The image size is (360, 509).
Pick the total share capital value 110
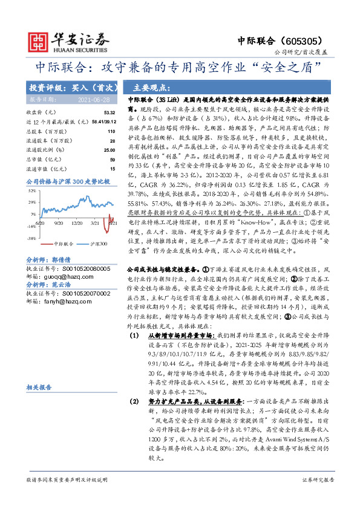(111, 131)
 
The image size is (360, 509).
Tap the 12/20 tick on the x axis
(76, 224)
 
